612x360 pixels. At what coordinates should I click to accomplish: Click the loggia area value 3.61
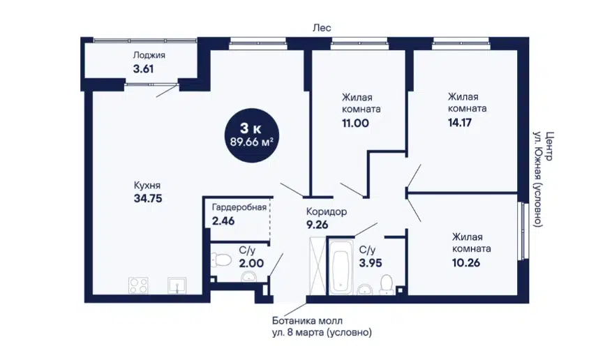[x=143, y=69]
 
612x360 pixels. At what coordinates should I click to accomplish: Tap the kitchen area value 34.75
[x=148, y=199]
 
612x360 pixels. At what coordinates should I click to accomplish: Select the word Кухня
[x=147, y=185]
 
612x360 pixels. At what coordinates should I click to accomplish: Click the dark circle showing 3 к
[x=252, y=135]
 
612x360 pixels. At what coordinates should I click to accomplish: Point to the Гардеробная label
[x=239, y=207]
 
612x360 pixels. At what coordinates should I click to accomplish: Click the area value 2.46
[x=223, y=221]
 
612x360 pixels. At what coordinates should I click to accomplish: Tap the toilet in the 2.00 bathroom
[x=221, y=259]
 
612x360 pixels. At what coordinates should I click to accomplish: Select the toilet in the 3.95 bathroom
[x=387, y=284]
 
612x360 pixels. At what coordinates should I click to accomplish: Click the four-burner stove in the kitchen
[x=139, y=285]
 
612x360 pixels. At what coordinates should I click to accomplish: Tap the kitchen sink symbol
[x=177, y=285]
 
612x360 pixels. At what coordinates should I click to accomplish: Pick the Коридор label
[x=327, y=212]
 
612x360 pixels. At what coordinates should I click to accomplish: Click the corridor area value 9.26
[x=317, y=225]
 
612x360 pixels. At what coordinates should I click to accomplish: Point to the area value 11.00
[x=355, y=123]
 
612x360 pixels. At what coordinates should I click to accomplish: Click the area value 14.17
[x=460, y=123]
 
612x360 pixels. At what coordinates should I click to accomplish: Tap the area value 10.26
[x=466, y=262]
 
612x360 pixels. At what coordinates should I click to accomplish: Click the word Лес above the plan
[x=322, y=28]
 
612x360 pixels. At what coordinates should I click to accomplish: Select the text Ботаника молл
[x=307, y=321]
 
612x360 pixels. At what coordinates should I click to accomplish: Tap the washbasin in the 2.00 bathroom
[x=248, y=276]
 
